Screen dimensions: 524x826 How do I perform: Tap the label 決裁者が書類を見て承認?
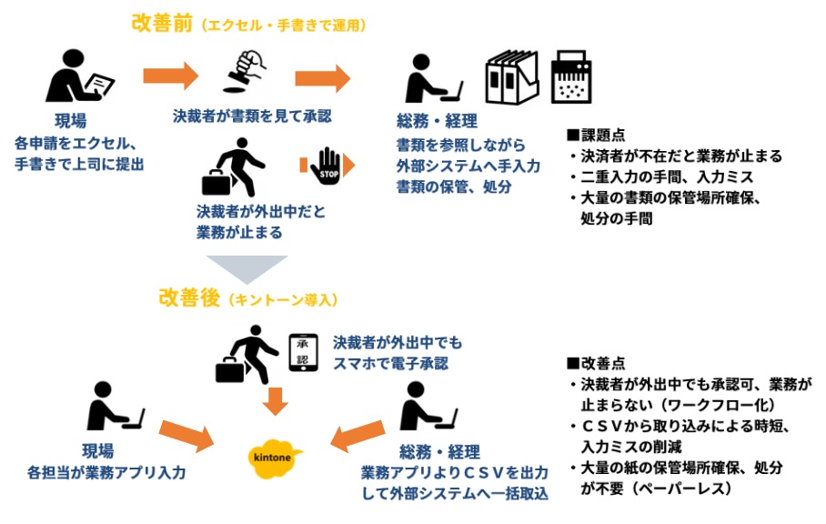(x=252, y=116)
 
